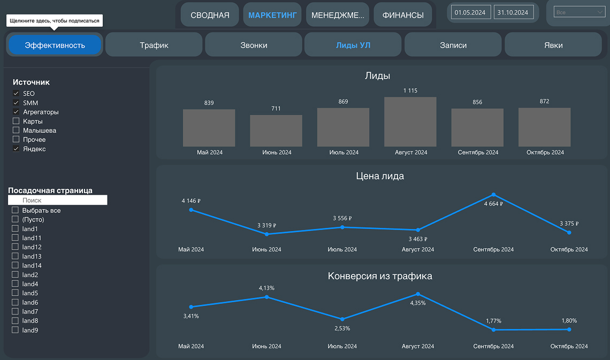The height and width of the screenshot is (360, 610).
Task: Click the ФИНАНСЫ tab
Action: (402, 15)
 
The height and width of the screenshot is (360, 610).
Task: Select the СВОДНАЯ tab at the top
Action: (210, 15)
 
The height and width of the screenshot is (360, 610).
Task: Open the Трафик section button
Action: (154, 45)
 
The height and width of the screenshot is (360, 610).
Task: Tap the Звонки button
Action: (254, 45)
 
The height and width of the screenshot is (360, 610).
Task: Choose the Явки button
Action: (553, 45)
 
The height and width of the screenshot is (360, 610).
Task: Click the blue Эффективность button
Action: (55, 45)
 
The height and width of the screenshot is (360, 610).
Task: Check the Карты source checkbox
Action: (16, 121)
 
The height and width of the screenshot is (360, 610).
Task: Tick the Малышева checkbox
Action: (16, 131)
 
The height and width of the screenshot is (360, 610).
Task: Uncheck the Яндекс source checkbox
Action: (16, 149)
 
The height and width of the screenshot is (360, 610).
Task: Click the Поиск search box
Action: (58, 200)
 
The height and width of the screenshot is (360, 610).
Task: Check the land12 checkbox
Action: (16, 247)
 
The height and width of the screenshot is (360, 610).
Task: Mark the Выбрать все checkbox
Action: (16, 210)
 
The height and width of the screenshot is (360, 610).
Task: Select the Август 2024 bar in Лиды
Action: (410, 122)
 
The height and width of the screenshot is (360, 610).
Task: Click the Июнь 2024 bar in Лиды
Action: (276, 131)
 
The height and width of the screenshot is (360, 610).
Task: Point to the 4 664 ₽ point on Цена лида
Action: (493, 195)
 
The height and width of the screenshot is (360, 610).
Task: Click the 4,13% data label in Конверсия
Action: (266, 288)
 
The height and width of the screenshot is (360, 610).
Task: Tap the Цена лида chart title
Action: (380, 176)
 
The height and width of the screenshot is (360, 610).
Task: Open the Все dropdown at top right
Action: (579, 12)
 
